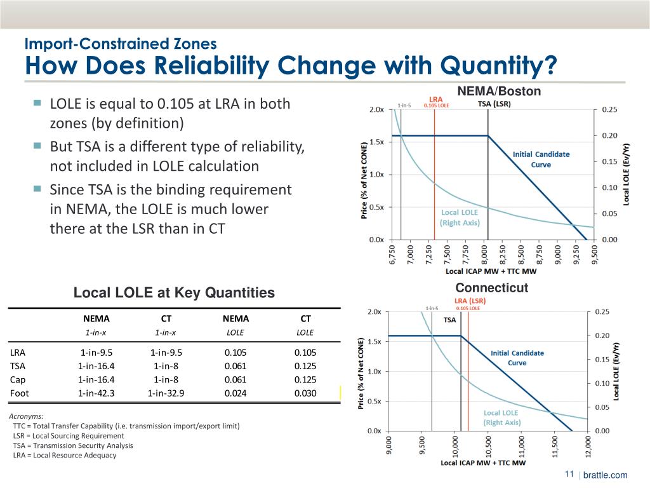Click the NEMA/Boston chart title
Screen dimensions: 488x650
point(498,91)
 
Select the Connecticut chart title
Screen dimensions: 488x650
point(491,288)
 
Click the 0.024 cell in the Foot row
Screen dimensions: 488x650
point(235,393)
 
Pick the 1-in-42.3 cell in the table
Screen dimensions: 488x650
point(96,393)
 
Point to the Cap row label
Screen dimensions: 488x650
point(18,379)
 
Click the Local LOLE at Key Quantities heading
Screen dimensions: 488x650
point(175,293)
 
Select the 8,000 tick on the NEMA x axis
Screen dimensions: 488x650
point(486,256)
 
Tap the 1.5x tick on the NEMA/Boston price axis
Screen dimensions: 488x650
point(375,142)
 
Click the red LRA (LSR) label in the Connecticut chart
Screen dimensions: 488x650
point(470,301)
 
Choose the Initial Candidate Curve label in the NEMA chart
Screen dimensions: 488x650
point(541,159)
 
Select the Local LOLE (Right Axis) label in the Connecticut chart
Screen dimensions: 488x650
point(501,417)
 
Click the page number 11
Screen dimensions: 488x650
point(569,475)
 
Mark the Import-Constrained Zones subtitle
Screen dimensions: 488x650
point(121,44)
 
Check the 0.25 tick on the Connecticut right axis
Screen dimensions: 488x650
point(602,311)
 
